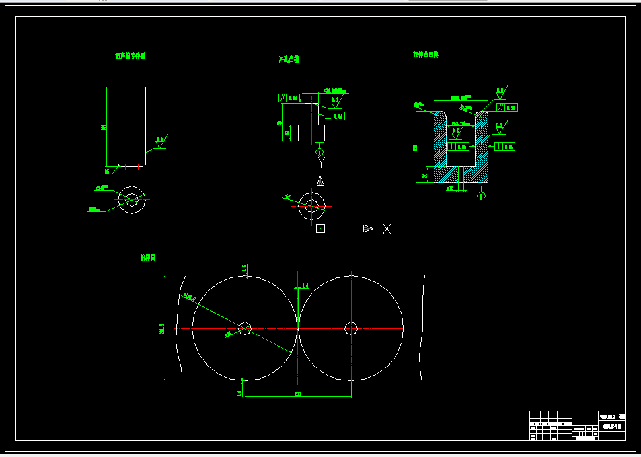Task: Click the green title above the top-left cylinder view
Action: coord(130,57)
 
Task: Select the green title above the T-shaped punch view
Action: coord(288,59)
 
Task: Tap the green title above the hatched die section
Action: coord(426,55)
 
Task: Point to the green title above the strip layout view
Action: coord(147,258)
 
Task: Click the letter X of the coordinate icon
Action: coord(387,229)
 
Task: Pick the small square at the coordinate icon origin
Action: coord(320,229)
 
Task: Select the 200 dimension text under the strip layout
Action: coord(297,394)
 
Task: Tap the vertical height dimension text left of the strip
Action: coord(161,328)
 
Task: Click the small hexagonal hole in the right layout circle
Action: coord(351,328)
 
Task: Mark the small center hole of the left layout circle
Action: coord(245,328)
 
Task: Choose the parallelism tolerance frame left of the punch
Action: coord(289,98)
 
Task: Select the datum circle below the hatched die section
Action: coord(481,195)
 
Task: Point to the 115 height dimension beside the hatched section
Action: coord(415,147)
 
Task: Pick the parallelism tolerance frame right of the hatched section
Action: coord(507,107)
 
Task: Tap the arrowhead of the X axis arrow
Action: coord(369,229)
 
